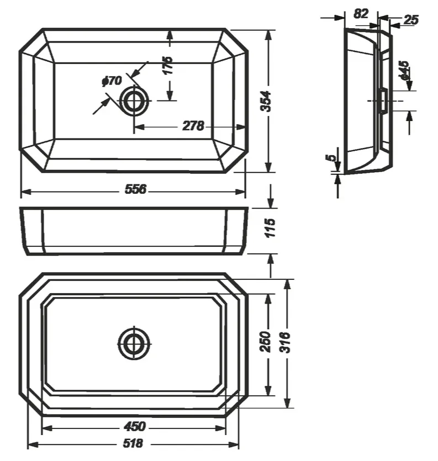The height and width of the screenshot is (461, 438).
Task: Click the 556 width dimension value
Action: pos(135,189)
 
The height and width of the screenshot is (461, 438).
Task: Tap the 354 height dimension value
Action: pos(266,101)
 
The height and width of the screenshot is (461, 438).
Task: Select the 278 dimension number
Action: pos(193,126)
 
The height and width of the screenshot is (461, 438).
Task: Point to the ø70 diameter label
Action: pos(112,81)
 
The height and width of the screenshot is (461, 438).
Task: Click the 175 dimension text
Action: pos(168,65)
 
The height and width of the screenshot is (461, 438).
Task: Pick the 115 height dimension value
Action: pos(270,228)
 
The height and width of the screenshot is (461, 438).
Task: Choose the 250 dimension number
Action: pos(266,342)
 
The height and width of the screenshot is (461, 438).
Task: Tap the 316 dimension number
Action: pos(285,342)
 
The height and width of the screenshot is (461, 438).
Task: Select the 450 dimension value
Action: pos(134,426)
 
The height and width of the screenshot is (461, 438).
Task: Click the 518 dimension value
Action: pos(133,443)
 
